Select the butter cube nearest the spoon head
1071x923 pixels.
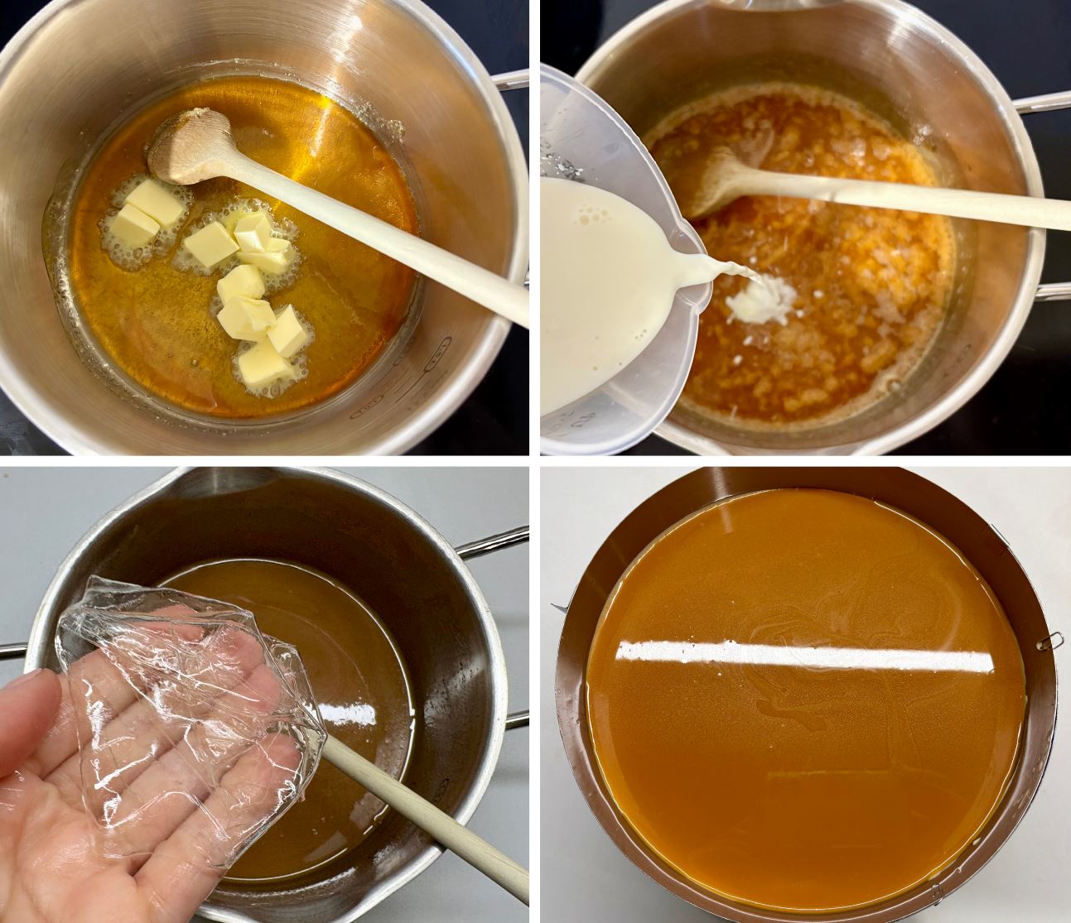(156, 201)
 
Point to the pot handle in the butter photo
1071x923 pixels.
(509, 79)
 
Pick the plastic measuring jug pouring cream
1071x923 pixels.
(613, 273)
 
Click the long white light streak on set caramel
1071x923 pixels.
(808, 658)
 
